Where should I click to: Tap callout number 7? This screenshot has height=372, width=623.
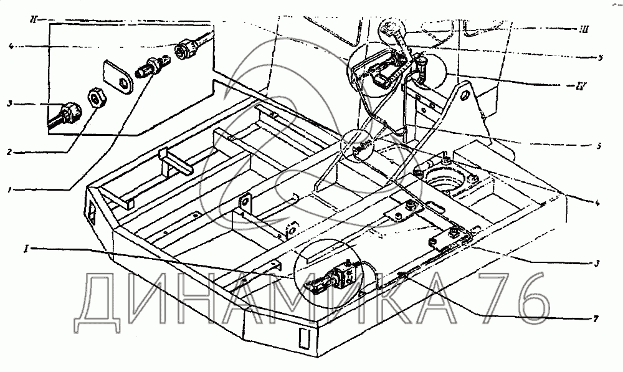coord(596,319)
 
